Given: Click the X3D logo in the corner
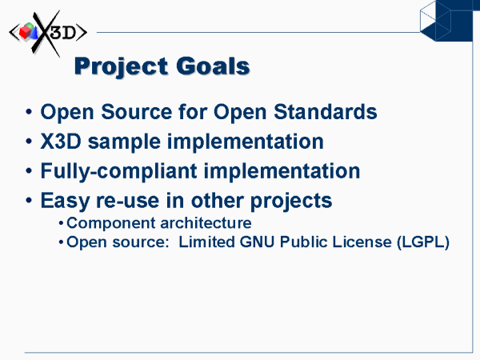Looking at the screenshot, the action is coord(48,33).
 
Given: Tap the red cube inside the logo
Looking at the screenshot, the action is coord(25,33).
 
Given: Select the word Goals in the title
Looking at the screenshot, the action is coord(213,66).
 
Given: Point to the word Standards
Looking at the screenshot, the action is coord(325,111).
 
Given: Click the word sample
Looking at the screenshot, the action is coord(124,142).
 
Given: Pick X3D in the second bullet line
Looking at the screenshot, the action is coord(61,142).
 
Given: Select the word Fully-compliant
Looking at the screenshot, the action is coord(118,171).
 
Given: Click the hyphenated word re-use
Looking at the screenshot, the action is coord(128,201).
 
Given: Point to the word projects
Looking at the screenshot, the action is coord(291,202).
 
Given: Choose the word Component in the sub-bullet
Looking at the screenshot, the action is coord(111,223).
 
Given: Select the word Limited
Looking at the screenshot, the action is coord(206,242).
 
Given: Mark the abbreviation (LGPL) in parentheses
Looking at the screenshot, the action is coord(423,242).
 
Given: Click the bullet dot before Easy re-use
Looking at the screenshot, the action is coord(29,201).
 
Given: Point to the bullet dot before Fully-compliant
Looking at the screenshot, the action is coord(29,171).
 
